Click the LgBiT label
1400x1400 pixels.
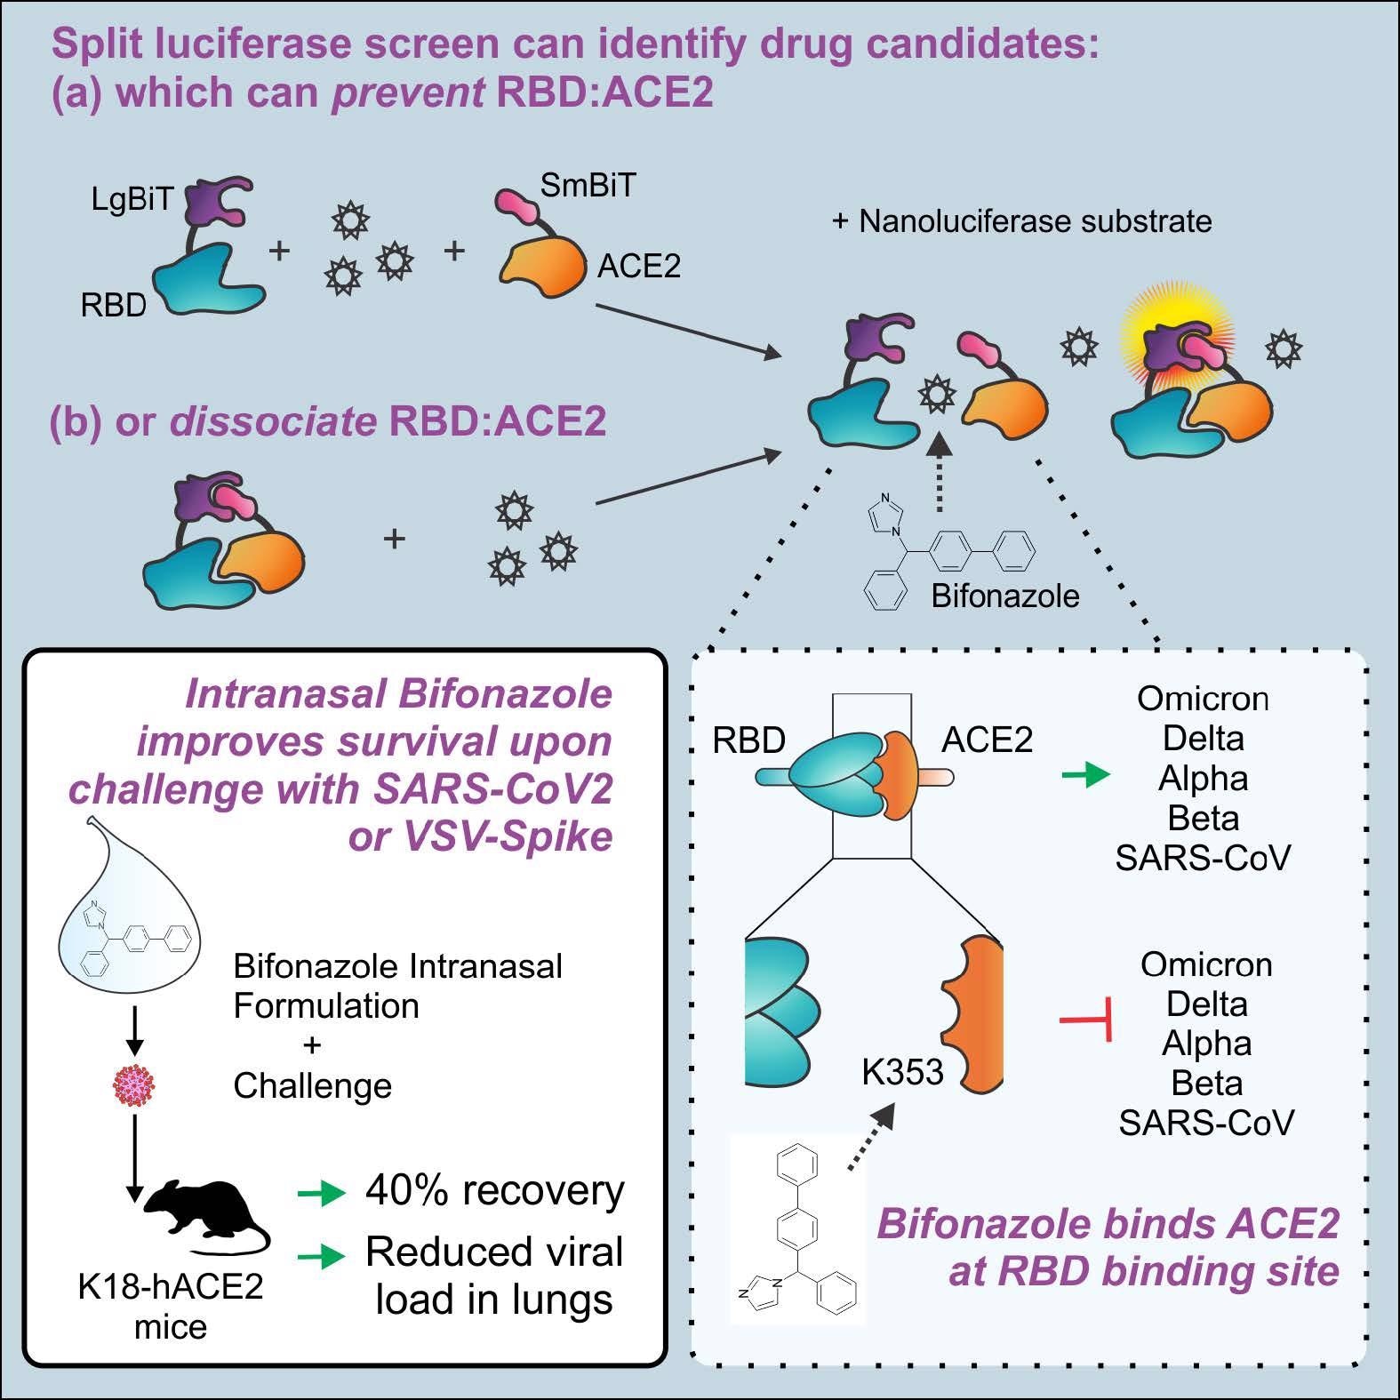[x=132, y=199]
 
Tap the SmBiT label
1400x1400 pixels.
[x=588, y=185]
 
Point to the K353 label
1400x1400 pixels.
[x=902, y=1073]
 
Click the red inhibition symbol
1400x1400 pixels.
[x=1086, y=1020]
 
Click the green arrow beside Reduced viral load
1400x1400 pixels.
[x=321, y=1256]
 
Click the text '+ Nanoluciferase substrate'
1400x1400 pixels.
[x=1021, y=220]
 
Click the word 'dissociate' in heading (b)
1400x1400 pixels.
[x=273, y=420]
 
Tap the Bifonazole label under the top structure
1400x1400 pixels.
[x=1005, y=596]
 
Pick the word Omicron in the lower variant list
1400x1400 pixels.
[x=1206, y=964]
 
